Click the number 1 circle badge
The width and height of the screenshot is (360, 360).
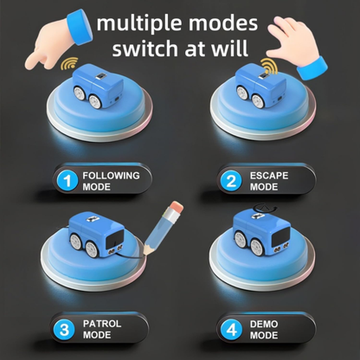point(67,181)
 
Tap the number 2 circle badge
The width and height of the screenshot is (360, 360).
point(231,181)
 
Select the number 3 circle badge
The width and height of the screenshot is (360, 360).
point(64,329)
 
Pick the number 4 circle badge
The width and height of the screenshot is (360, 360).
point(232,329)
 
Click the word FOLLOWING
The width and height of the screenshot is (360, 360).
point(111,176)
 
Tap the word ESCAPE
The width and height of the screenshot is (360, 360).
point(269,176)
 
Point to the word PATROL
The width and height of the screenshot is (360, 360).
point(102,324)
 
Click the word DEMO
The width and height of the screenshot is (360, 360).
point(264,324)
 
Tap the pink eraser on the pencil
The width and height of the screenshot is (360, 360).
point(176,208)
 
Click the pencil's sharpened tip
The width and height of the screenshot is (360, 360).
point(145,253)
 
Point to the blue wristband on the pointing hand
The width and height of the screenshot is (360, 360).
point(80,27)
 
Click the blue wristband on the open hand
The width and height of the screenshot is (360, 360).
point(312,68)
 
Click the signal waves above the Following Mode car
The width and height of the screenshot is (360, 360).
point(69,63)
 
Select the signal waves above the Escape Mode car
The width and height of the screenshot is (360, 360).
point(269,66)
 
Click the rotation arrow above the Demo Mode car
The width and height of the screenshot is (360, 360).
point(264,207)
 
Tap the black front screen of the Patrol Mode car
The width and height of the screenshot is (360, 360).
point(114,239)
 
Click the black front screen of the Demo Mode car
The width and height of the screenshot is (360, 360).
point(280,236)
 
